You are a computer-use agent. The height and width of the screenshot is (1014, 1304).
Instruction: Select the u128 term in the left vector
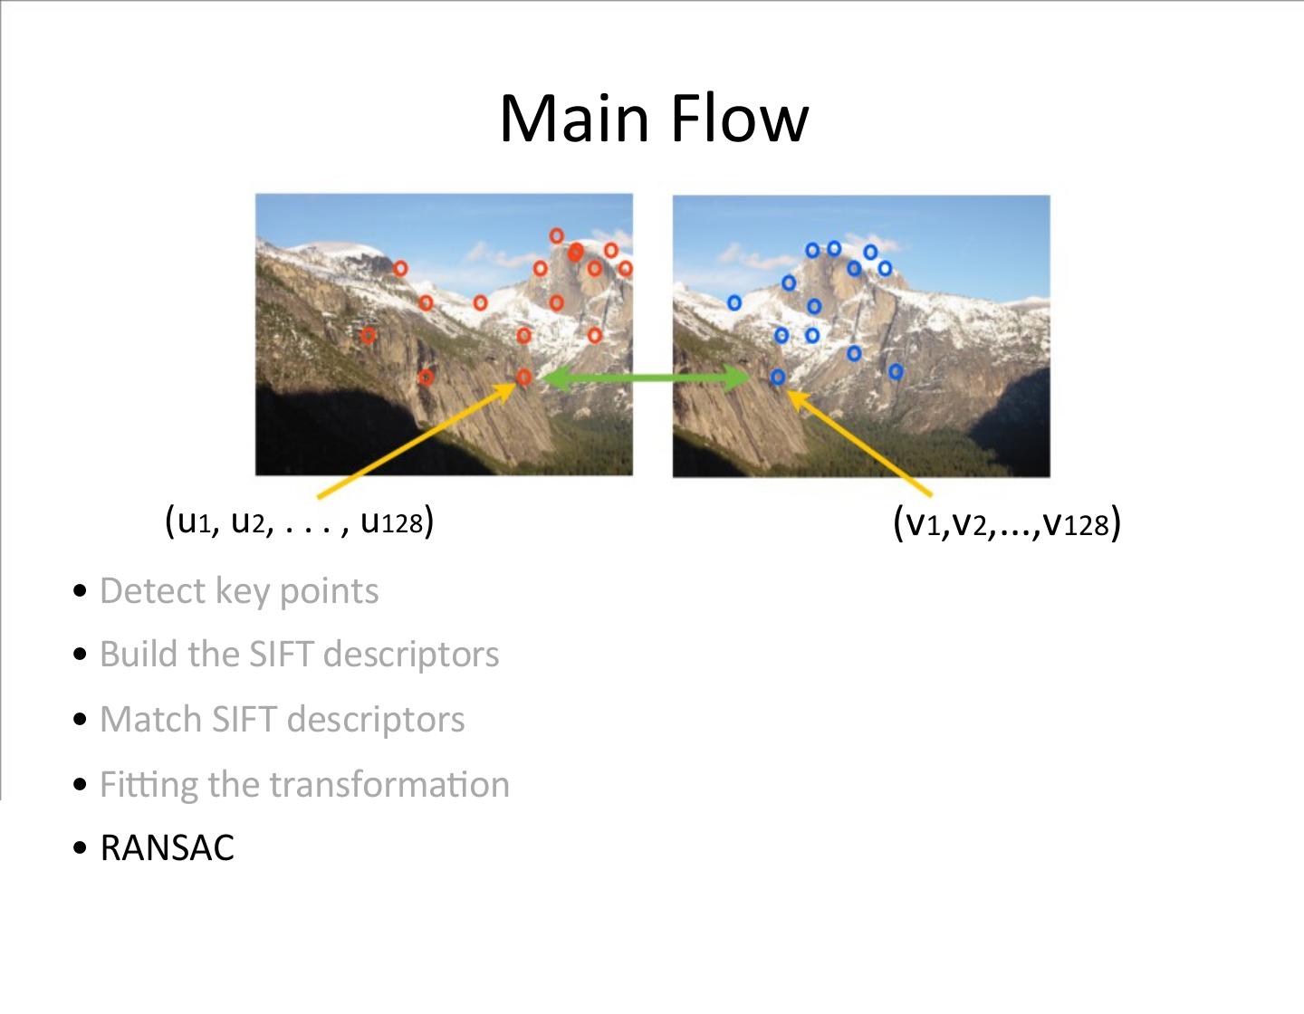point(391,521)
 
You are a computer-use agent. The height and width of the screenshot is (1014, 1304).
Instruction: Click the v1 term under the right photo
point(923,524)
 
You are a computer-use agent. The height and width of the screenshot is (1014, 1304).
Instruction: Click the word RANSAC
point(167,848)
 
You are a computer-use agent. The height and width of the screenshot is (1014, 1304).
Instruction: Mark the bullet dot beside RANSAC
point(81,849)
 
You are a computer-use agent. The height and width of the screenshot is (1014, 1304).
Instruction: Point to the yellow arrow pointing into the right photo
point(860,444)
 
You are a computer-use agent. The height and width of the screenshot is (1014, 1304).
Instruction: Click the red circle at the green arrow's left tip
point(523,377)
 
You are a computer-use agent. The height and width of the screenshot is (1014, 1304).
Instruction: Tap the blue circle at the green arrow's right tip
point(778,377)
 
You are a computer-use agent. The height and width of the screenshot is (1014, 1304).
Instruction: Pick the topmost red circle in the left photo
point(557,236)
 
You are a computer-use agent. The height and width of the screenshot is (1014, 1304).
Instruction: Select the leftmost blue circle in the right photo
point(734,302)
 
